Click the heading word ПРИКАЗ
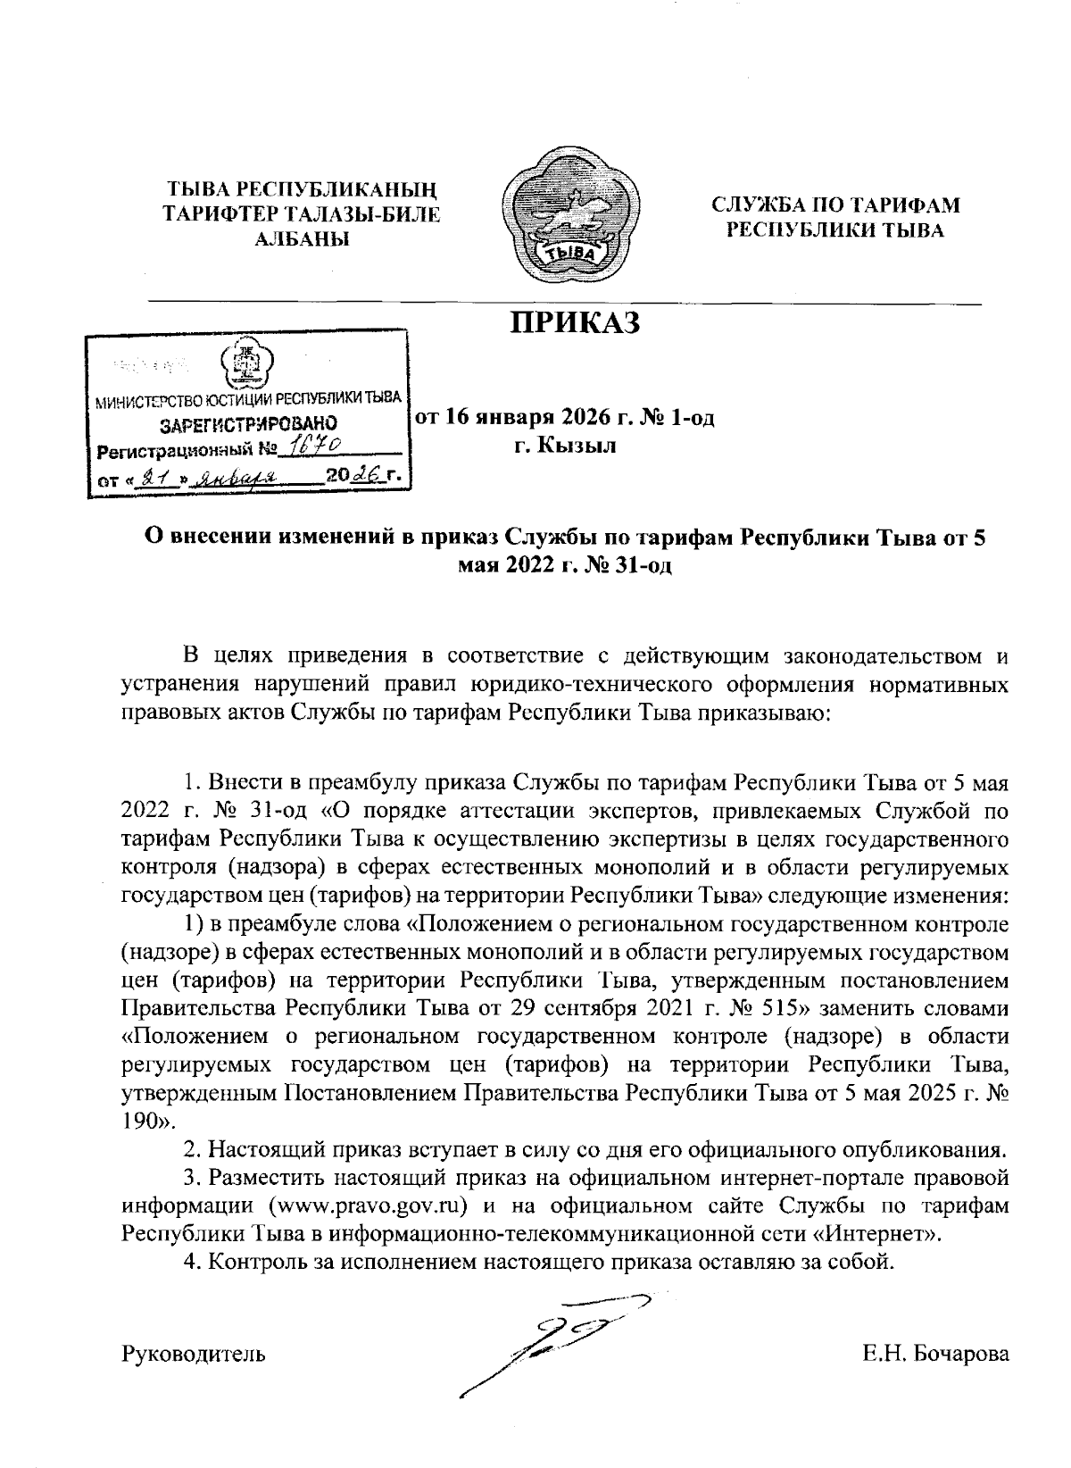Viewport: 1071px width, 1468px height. coord(575,322)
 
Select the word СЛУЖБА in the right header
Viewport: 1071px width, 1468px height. coord(770,204)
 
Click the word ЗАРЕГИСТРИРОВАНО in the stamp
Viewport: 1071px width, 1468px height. coord(248,422)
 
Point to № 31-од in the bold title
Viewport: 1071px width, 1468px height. coord(627,565)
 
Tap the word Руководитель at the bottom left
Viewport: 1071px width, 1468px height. coord(194,1354)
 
